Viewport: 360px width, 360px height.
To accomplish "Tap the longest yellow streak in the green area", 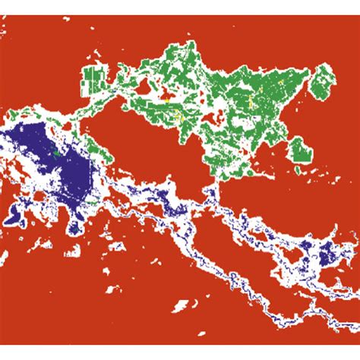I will pyautogui.click(x=179, y=118).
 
